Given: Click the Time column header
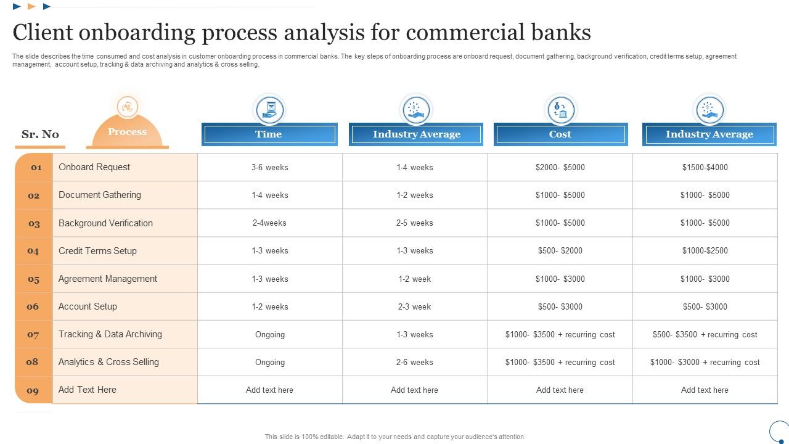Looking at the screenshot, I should click(269, 134).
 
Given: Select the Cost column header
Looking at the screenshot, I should click(560, 134).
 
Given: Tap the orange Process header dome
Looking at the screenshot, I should click(127, 131).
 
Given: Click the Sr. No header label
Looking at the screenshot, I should click(40, 134).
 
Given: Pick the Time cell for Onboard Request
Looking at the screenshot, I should click(270, 167).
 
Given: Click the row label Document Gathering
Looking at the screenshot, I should click(100, 195).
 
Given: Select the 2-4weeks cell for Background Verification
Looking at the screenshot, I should click(270, 223).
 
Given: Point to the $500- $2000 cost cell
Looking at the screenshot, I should click(560, 251).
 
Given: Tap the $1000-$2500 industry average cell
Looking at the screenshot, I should click(705, 251).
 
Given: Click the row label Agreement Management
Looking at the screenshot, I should click(108, 279).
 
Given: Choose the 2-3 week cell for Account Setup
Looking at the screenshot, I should click(414, 306).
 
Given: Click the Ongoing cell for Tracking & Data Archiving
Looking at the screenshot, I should click(270, 334).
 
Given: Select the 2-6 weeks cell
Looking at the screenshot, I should click(414, 362).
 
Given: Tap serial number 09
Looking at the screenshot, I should click(33, 390).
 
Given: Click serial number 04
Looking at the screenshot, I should click(33, 251).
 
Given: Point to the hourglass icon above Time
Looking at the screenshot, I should click(270, 110).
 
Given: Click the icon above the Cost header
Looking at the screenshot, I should click(560, 110).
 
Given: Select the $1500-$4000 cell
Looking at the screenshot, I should click(705, 167).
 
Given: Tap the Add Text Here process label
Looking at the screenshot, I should click(88, 390).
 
